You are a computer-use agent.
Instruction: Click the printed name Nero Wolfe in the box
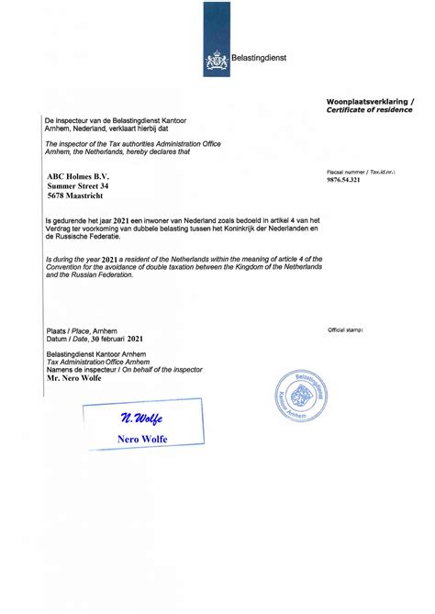coord(142,440)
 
